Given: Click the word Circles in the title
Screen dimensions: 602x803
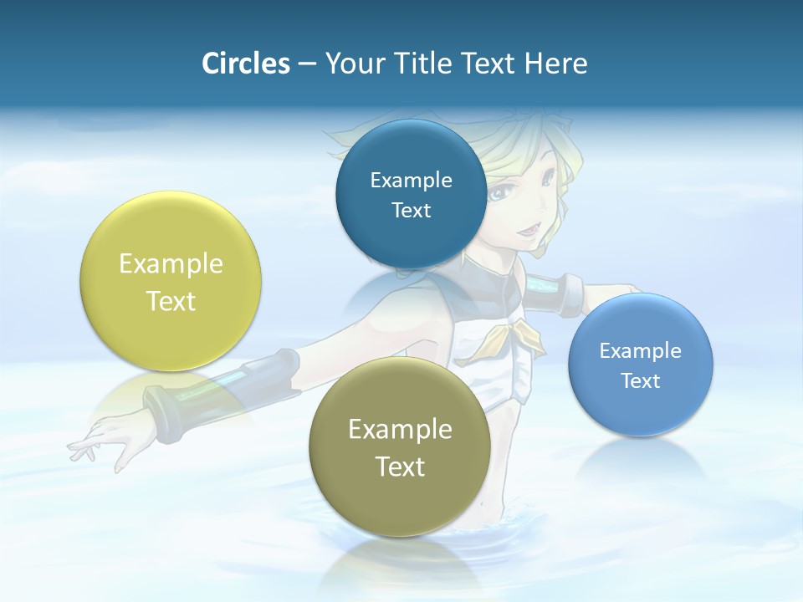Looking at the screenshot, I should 245,64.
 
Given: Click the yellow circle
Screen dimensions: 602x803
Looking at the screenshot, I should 171,281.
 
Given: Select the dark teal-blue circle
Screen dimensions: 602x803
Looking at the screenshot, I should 411,194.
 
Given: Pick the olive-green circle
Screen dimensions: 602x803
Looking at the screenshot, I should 400,446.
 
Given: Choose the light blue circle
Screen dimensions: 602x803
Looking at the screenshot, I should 641,365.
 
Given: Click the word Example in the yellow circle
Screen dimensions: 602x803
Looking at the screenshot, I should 171,263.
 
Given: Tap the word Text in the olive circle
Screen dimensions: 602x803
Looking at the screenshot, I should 400,467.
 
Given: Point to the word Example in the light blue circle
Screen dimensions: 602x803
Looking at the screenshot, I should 641,350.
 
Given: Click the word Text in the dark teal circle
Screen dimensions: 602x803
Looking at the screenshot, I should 411,210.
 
